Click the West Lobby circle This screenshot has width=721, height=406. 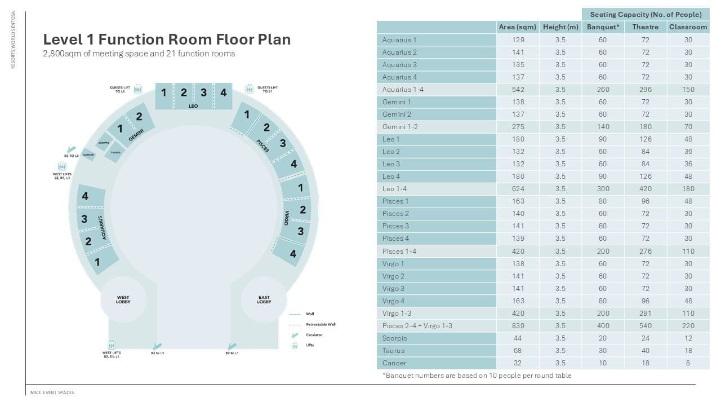123,299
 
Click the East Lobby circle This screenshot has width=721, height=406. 264,299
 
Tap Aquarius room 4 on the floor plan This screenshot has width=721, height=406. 86,196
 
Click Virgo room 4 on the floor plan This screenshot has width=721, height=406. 292,254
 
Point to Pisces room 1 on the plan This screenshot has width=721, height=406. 246,115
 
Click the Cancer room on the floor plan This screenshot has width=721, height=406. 88,155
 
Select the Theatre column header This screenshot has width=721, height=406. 645,27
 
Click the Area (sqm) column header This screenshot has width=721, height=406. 517,27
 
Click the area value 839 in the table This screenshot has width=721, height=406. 517,326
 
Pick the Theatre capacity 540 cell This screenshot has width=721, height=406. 645,326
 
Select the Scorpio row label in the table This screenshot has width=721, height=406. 394,338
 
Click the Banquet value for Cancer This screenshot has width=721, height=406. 602,363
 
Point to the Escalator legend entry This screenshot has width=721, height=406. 314,335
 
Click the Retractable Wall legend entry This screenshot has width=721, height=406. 320,324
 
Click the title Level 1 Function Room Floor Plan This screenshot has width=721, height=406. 167,39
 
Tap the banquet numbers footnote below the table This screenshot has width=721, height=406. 477,376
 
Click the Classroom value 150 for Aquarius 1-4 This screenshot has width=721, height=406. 688,90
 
